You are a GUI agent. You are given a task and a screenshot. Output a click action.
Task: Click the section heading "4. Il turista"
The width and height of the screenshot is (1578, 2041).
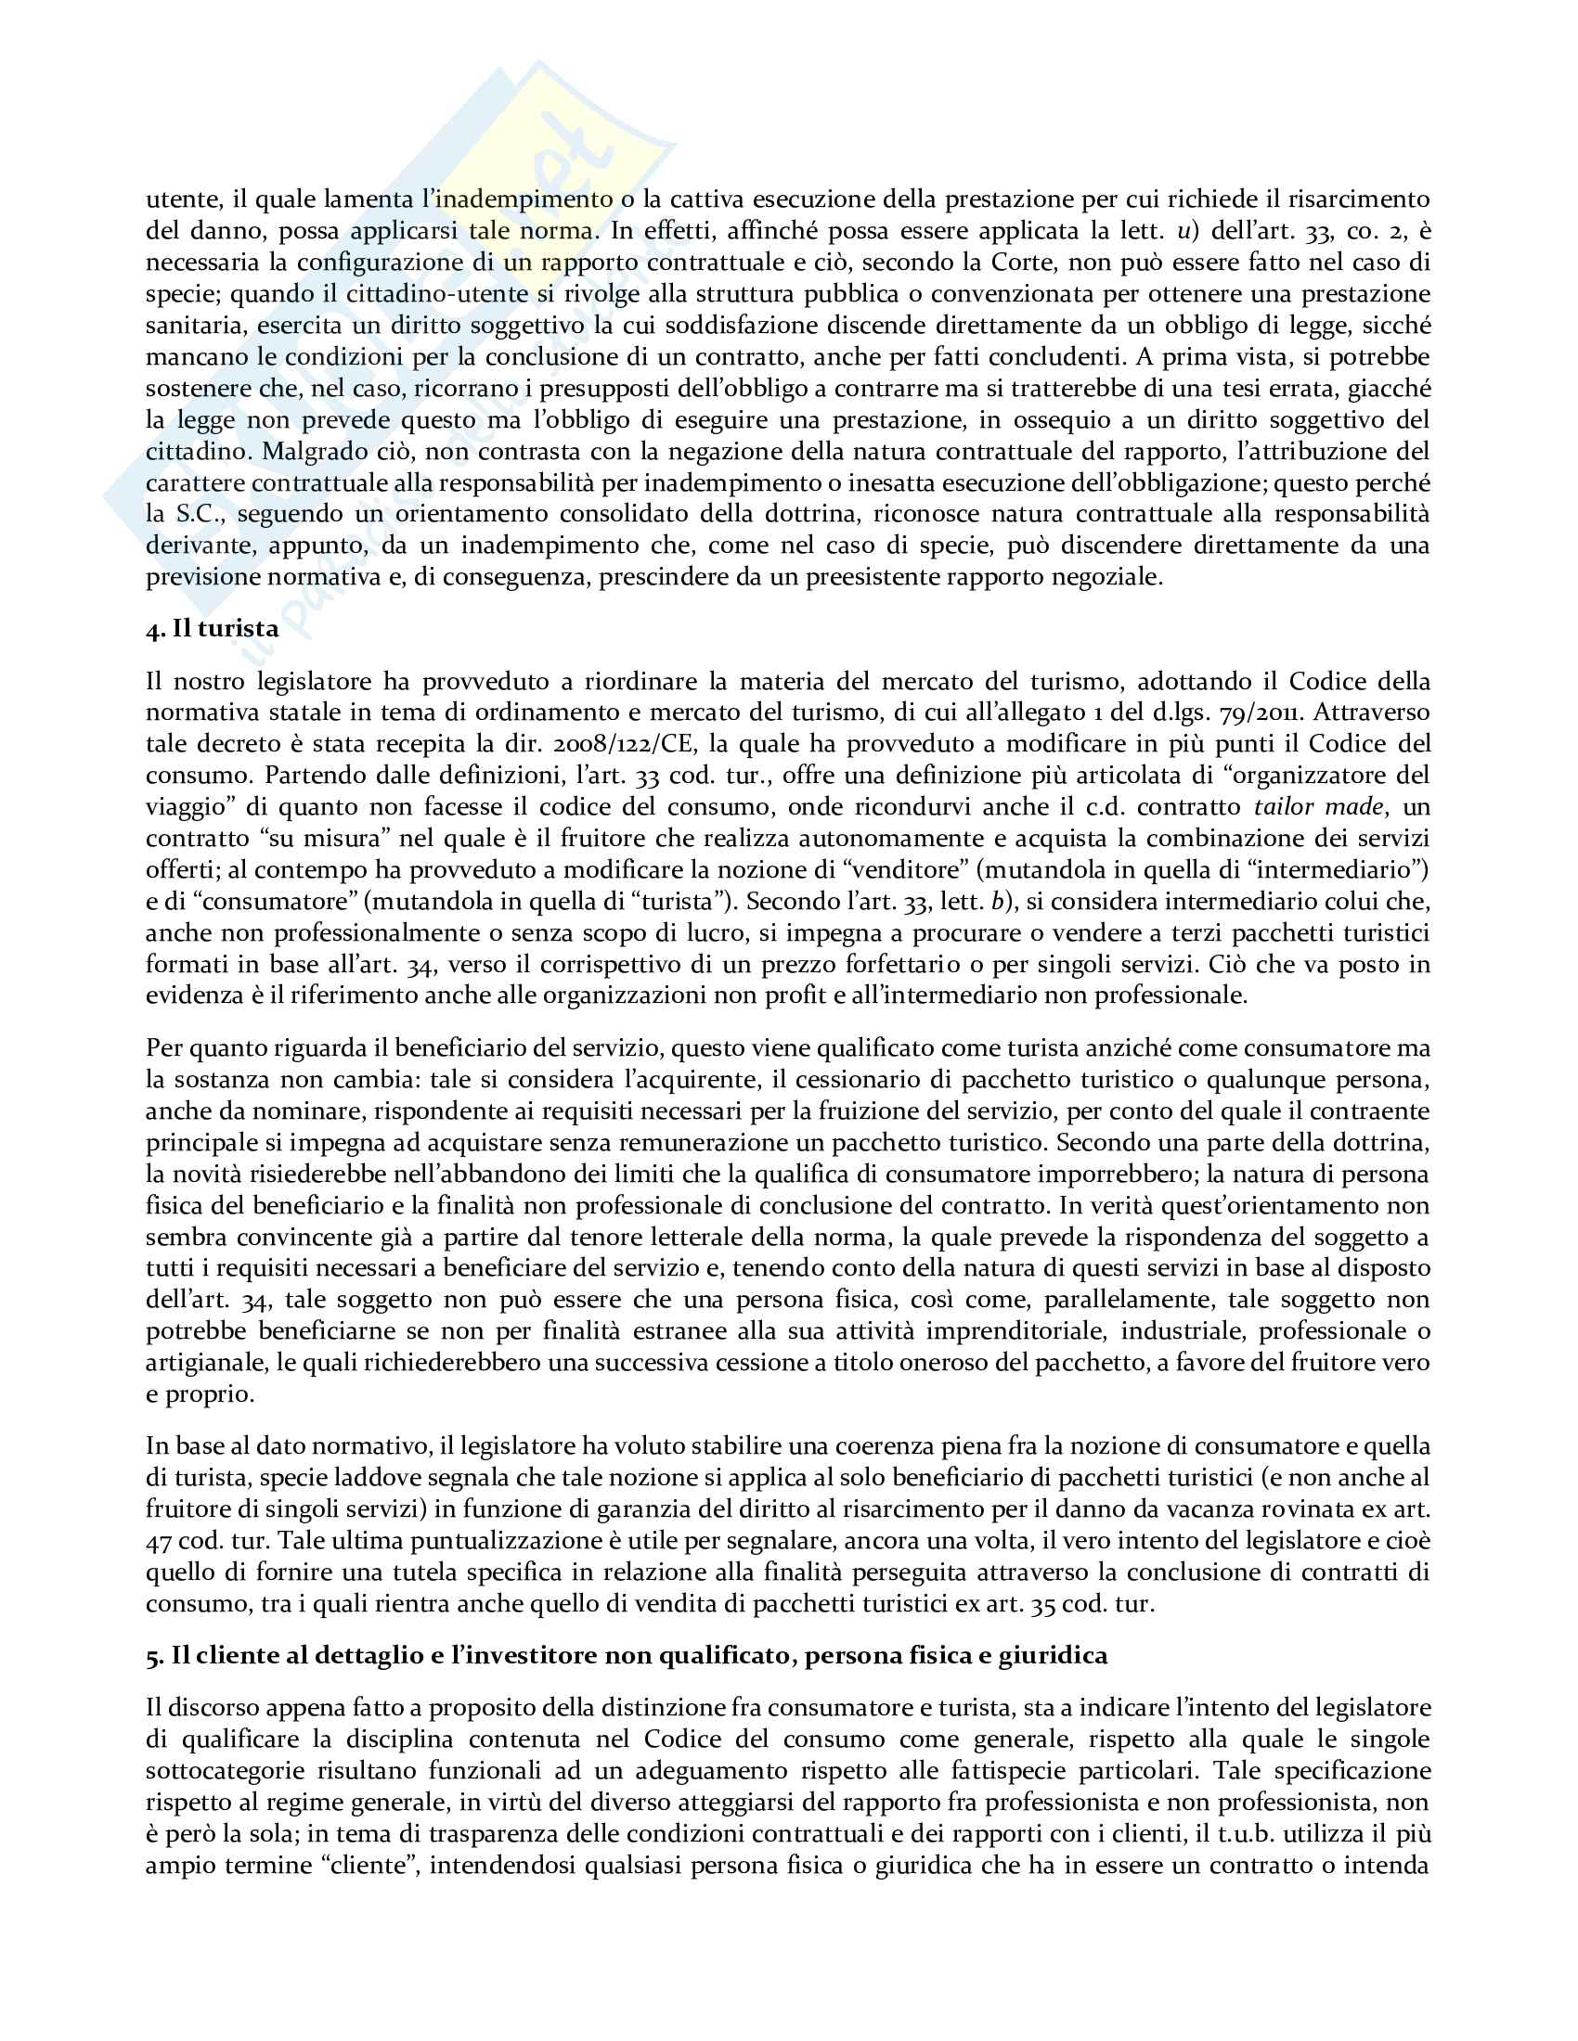tap(213, 629)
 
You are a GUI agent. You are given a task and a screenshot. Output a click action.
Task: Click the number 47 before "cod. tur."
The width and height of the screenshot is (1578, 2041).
tap(159, 1540)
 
